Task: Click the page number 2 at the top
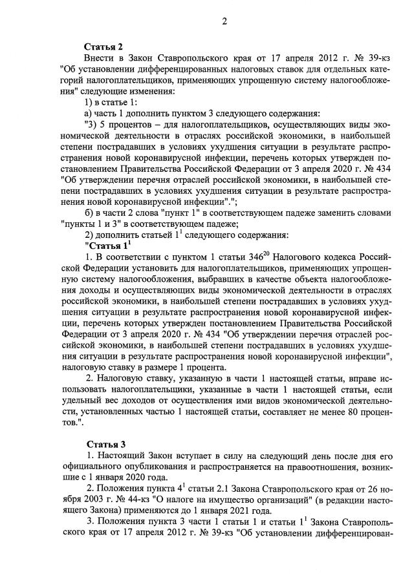[225, 21]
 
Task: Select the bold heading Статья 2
[104, 46]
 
